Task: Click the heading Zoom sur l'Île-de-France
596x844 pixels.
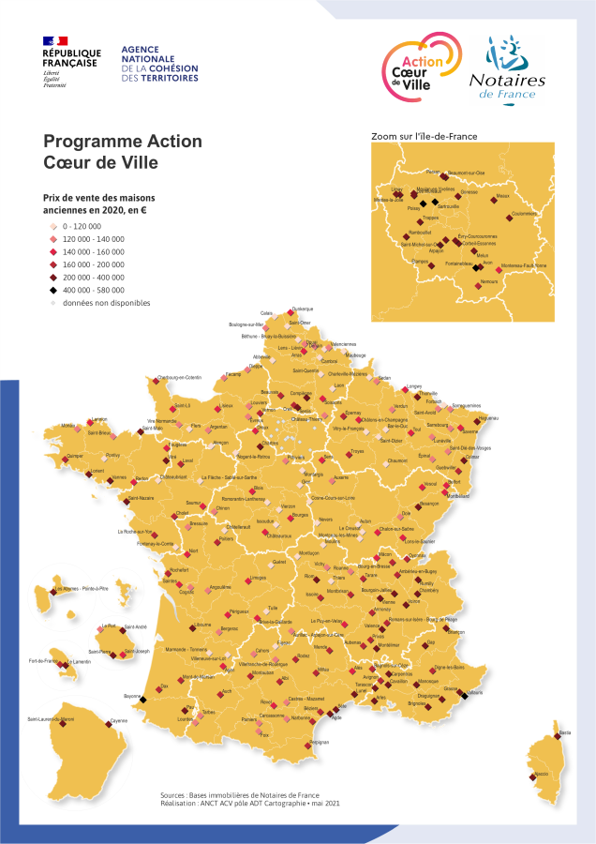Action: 425,137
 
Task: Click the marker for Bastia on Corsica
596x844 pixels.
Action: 562,738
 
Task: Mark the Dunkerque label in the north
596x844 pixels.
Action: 303,309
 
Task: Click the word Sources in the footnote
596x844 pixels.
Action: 173,794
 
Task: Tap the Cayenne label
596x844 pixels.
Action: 118,720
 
